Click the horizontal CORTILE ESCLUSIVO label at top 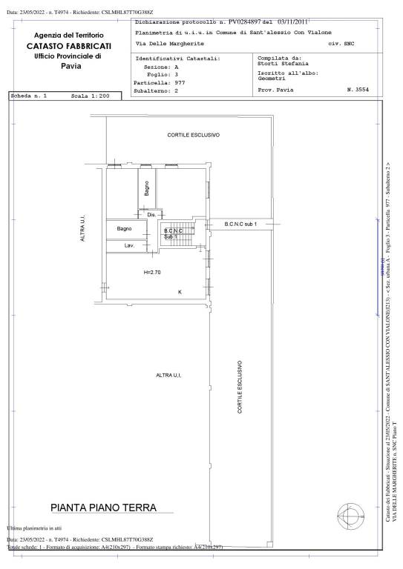click(193, 136)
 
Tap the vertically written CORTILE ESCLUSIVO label click(240, 387)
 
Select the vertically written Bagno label click(147, 188)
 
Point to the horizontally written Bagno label click(124, 229)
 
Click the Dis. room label click(151, 215)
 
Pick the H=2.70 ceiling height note click(152, 273)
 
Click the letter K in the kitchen click(180, 292)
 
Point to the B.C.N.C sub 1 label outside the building click(240, 223)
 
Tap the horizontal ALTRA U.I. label click(169, 376)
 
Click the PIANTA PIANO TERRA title click(103, 508)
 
